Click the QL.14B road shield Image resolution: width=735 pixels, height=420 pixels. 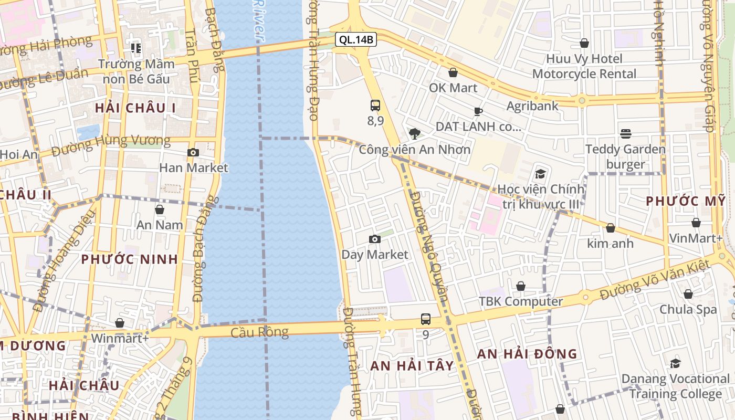point(356,39)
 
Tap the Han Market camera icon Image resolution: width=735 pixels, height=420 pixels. point(193,153)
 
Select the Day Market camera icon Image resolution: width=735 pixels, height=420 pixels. point(374,239)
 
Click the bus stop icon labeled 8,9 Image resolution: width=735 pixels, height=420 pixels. point(375,106)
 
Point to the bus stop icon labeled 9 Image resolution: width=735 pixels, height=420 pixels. point(425,319)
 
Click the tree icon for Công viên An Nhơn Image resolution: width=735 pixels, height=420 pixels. point(415,134)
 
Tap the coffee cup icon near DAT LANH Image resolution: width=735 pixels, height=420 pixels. point(478,111)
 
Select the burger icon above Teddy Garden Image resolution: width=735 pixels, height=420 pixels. point(625,134)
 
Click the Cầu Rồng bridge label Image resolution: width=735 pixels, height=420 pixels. point(259,332)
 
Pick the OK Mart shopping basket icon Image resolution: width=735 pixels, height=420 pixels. point(453,72)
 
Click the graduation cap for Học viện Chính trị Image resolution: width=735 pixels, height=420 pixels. point(540,174)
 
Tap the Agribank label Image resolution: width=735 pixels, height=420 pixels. point(532,106)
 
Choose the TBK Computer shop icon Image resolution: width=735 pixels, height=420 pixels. point(520,286)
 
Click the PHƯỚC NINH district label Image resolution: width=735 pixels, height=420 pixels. point(130,259)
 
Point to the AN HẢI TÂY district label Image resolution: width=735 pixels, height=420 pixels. point(412,366)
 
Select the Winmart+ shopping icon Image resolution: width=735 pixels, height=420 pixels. point(120,323)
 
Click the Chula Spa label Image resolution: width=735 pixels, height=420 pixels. point(688,309)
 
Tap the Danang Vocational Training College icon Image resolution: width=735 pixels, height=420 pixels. point(675,363)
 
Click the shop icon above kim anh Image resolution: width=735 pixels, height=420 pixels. point(610,228)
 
